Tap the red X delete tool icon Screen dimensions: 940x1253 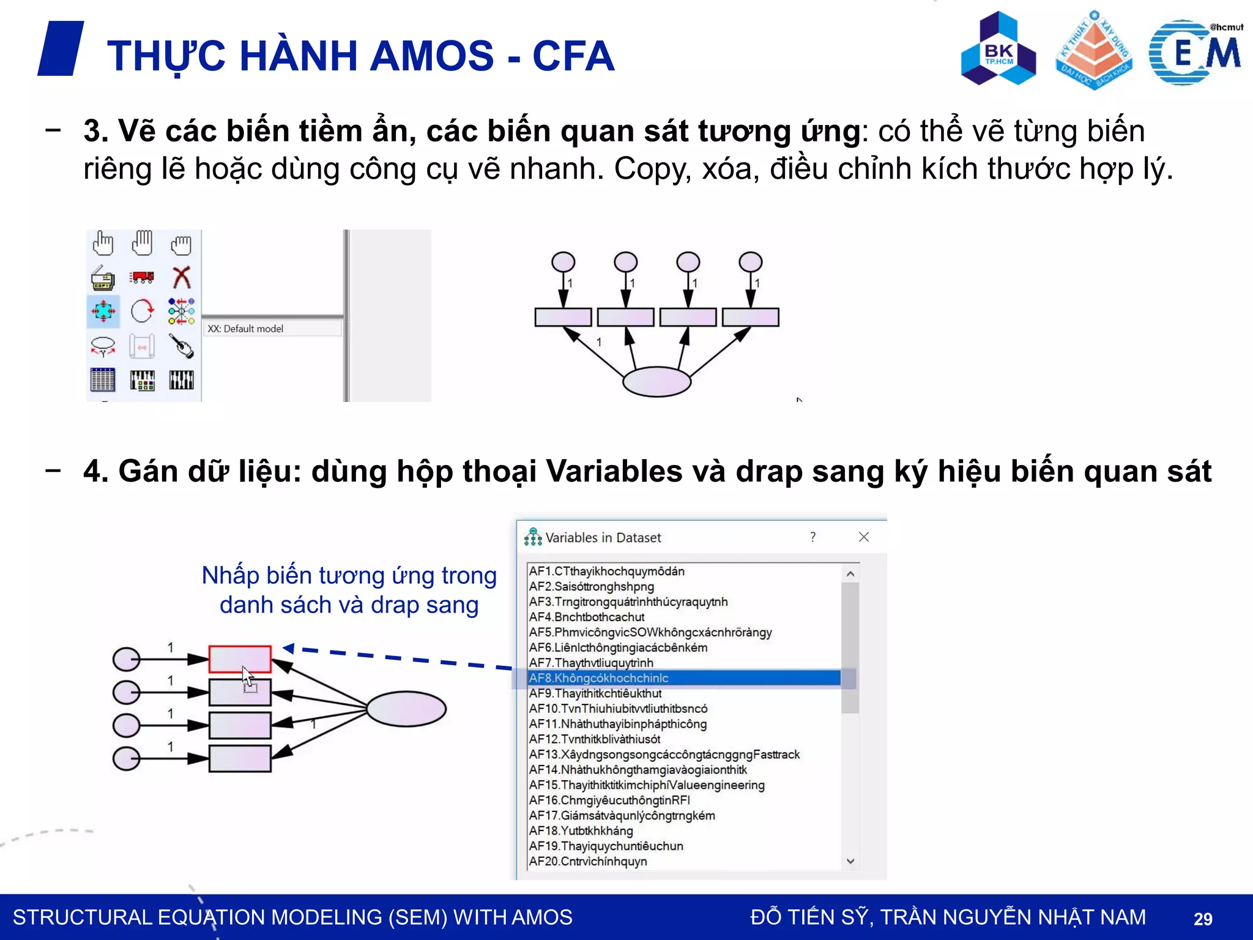[x=181, y=277]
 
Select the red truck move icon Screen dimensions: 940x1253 [x=142, y=277]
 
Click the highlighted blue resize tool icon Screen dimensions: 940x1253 [x=103, y=311]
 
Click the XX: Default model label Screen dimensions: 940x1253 [x=245, y=329]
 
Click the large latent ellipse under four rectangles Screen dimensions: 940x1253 [x=656, y=381]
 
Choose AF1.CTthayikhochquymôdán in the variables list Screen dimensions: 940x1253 [x=606, y=571]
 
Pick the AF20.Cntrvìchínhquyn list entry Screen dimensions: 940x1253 [x=588, y=861]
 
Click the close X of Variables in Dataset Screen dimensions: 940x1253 [x=864, y=537]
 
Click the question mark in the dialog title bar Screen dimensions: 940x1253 [x=812, y=537]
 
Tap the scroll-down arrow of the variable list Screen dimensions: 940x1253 [x=850, y=861]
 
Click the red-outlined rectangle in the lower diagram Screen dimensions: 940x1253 [x=240, y=659]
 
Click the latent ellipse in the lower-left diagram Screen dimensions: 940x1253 [x=406, y=709]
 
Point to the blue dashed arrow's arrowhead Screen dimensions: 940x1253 [x=288, y=648]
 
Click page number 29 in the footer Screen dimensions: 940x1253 [x=1203, y=919]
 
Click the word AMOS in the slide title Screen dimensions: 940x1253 [x=431, y=56]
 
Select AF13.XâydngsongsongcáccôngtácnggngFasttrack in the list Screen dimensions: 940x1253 [x=664, y=755]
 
